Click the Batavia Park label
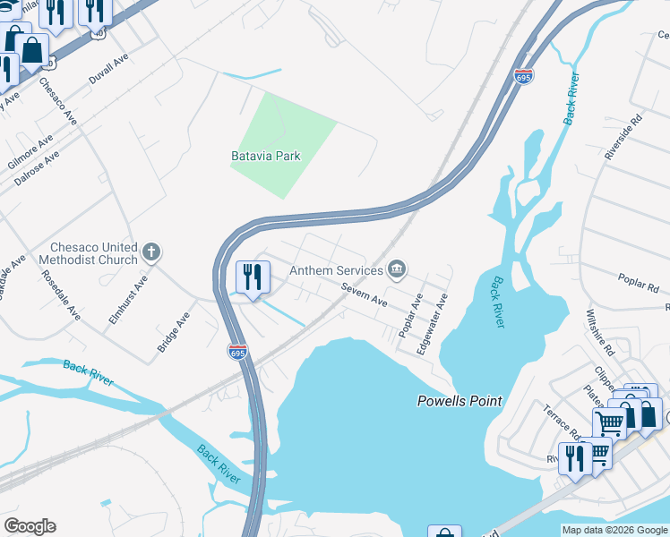coord(266,156)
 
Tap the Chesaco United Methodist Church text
coord(94,253)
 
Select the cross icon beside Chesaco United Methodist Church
coord(151,251)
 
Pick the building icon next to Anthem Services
coord(397,268)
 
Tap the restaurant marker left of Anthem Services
coord(253,278)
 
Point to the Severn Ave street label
coord(363,296)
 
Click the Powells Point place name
coord(460,401)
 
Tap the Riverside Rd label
coord(623,136)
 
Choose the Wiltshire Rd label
coord(597,331)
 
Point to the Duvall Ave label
coord(110,68)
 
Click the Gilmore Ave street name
coord(30,153)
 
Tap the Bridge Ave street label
coord(174,330)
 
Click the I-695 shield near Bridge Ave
coord(236,353)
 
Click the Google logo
coord(30,527)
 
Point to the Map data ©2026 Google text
coord(614,530)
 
